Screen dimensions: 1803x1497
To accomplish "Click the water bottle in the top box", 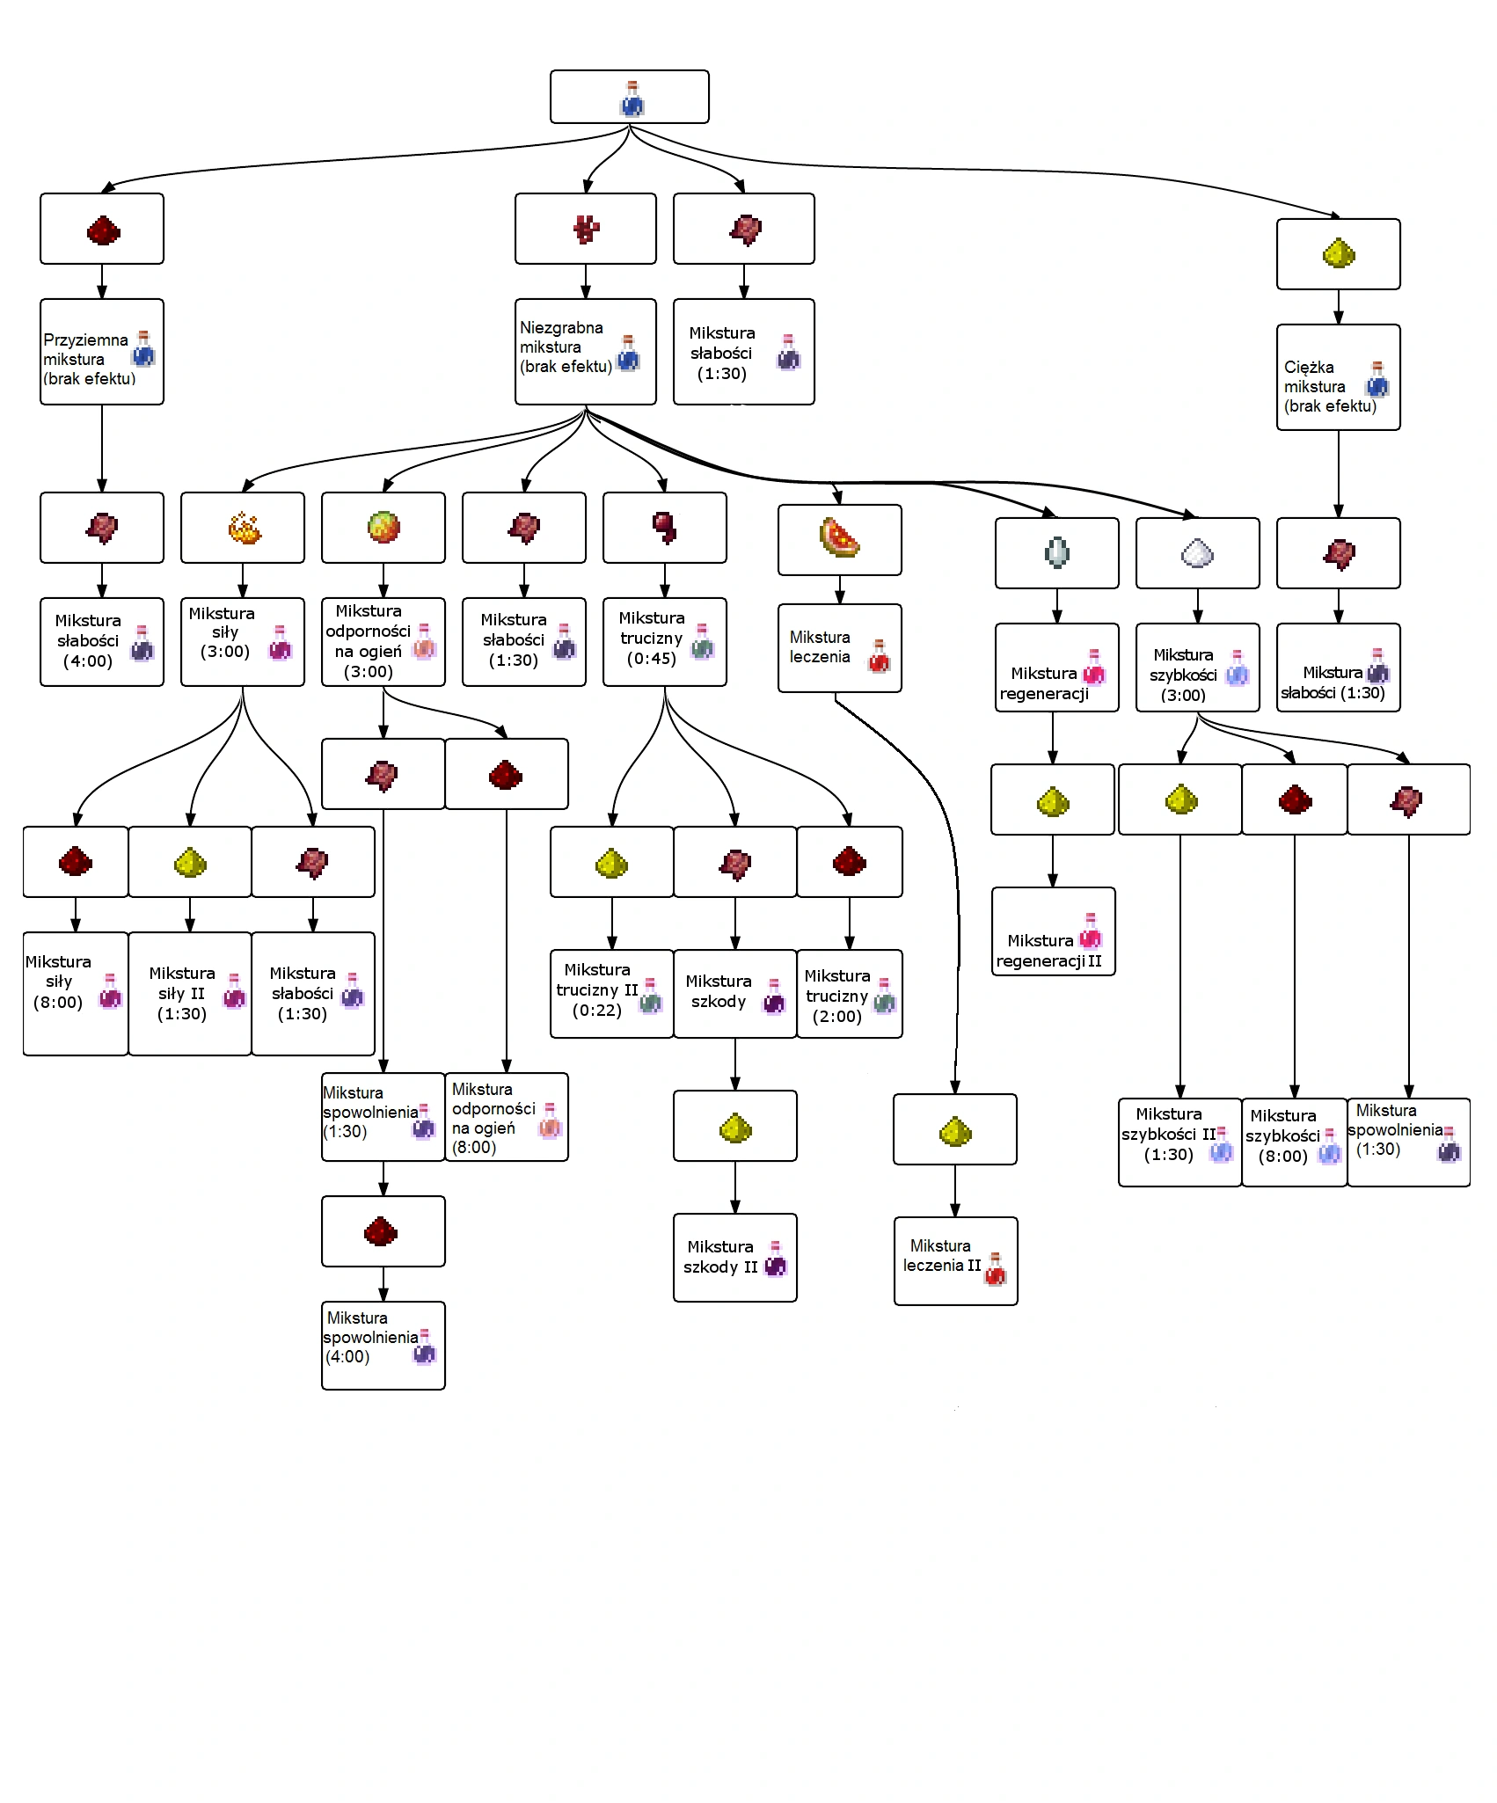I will pos(632,99).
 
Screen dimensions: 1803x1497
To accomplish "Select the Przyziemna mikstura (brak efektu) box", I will pos(102,352).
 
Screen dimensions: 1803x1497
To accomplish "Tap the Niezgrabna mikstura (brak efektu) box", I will pos(586,352).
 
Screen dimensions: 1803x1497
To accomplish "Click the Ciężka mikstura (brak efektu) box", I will pos(1338,377).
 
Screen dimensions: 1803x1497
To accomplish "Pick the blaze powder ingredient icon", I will pos(244,528).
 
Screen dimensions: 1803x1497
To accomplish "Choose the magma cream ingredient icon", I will pos(383,528).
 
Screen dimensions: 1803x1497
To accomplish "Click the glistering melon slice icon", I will pos(840,538).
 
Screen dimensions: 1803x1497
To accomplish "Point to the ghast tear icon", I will pos(1056,552).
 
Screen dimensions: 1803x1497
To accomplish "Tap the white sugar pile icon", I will pos(1197,552).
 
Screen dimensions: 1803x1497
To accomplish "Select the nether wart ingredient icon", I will pos(586,229).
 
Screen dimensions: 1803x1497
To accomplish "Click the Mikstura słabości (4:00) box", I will pos(102,642).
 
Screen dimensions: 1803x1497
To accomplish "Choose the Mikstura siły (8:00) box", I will pos(76,994).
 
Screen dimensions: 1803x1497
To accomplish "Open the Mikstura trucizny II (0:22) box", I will pos(612,994).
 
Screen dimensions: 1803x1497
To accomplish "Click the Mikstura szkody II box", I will pos(735,1258).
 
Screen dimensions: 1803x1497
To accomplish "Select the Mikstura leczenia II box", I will pos(955,1261).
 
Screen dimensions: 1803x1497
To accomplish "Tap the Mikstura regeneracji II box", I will pos(1054,931).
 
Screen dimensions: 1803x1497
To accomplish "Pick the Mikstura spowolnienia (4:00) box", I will pos(383,1346).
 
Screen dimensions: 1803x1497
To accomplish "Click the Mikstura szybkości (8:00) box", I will pos(1294,1142).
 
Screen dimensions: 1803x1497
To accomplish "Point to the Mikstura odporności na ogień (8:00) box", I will pos(507,1117).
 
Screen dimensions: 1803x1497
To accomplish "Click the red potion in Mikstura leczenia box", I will pos(879,656).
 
